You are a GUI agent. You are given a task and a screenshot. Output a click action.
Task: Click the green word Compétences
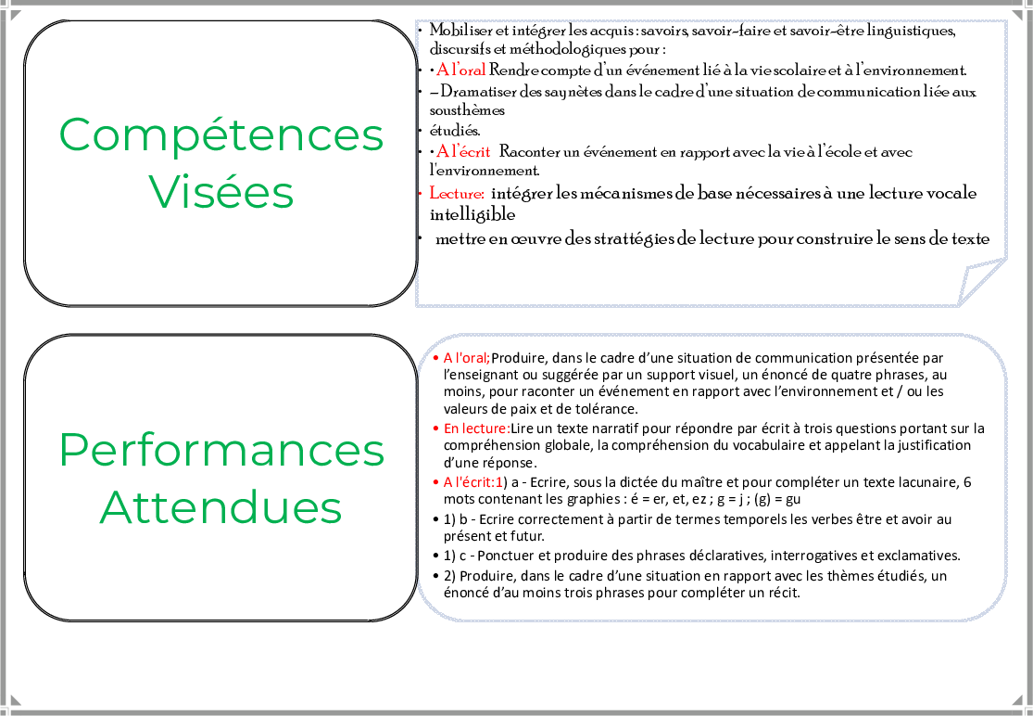[220, 134]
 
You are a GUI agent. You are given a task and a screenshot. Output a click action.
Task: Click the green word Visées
[220, 192]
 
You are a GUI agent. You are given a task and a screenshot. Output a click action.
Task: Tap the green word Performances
[221, 451]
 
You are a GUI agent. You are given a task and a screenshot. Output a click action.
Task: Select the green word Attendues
[220, 507]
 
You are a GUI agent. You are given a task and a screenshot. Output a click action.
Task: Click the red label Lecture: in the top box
[457, 194]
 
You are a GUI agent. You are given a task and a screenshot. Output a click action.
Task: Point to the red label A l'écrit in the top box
[463, 151]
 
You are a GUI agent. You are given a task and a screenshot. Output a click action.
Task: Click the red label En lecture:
[476, 428]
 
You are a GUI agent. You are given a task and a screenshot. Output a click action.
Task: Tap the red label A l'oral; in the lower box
[466, 357]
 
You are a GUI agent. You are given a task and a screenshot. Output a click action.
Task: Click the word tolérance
[607, 408]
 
